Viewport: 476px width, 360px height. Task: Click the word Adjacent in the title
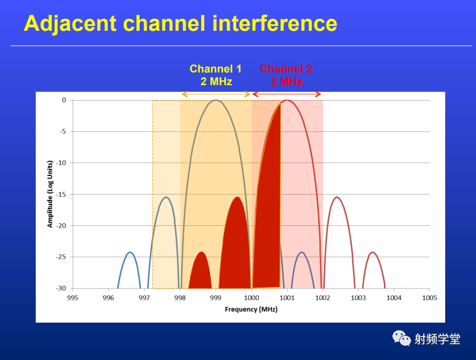point(70,24)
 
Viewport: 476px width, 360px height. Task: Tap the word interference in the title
point(275,24)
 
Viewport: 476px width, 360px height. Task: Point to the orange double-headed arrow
point(216,94)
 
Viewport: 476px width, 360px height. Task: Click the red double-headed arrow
point(287,94)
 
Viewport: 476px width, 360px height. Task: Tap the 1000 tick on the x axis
point(251,298)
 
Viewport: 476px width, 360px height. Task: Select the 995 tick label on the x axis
point(73,298)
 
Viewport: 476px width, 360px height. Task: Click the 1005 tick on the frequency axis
point(429,298)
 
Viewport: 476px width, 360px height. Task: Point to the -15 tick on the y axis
point(61,194)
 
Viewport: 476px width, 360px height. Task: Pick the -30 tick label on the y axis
point(61,289)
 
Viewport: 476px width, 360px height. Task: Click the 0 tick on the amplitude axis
point(64,100)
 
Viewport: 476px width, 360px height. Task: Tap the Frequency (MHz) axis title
point(251,309)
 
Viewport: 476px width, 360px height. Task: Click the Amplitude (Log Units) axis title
point(50,194)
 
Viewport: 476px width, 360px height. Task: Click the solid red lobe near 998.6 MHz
point(201,272)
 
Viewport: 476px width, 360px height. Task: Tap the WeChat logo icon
point(401,338)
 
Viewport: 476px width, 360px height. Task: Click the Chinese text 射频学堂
point(438,339)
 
